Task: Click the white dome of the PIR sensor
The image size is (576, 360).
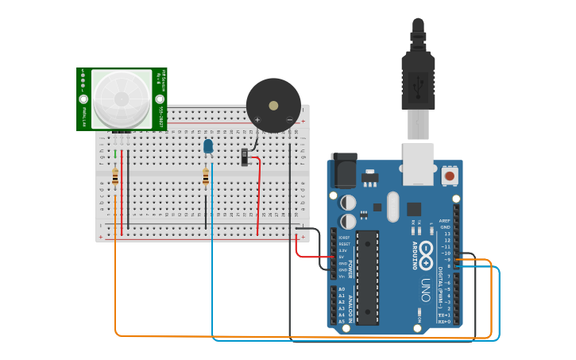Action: pyautogui.click(x=122, y=99)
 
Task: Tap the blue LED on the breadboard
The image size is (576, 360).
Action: pyautogui.click(x=208, y=146)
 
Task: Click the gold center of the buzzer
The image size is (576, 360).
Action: pyautogui.click(x=273, y=105)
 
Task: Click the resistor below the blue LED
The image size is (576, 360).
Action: pyautogui.click(x=206, y=177)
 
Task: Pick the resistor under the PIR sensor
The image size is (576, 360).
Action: pyautogui.click(x=115, y=177)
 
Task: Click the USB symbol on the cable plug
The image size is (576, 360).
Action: pyautogui.click(x=418, y=83)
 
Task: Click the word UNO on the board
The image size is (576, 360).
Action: pyautogui.click(x=426, y=290)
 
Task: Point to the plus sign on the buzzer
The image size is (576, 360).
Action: pyautogui.click(x=257, y=119)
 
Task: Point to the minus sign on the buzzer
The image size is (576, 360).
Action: pyautogui.click(x=289, y=119)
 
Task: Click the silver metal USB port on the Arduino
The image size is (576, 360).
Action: pyautogui.click(x=418, y=163)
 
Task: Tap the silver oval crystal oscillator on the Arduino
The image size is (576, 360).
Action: pyautogui.click(x=392, y=207)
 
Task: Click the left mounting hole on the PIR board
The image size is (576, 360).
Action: pyautogui.click(x=83, y=99)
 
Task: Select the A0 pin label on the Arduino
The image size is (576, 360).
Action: pyautogui.click(x=342, y=289)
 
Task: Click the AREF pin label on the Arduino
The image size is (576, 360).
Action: pyautogui.click(x=445, y=221)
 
